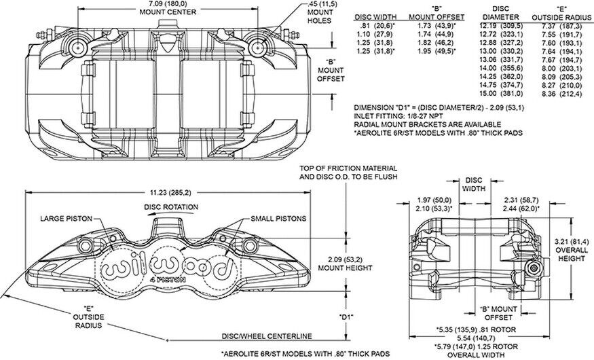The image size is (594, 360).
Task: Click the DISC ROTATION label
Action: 170,206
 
